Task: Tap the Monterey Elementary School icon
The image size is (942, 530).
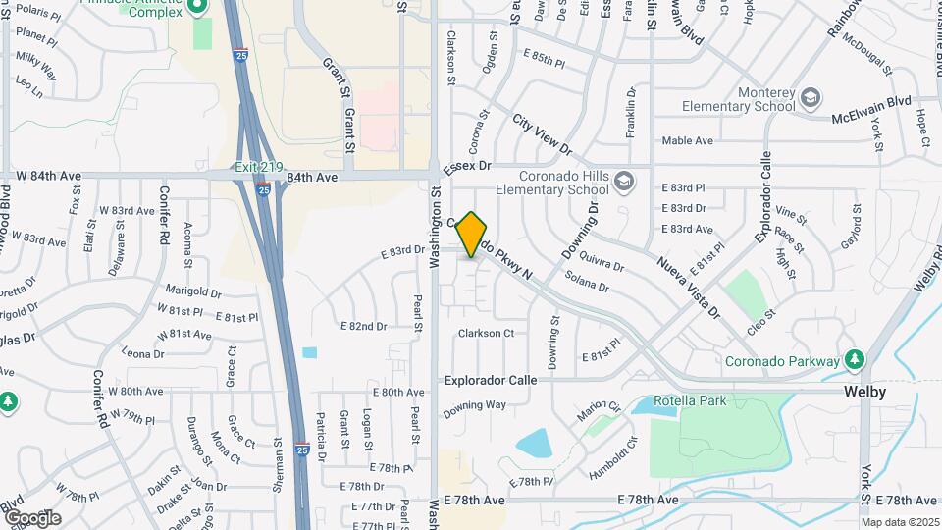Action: (x=811, y=98)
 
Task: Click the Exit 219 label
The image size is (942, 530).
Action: (x=258, y=167)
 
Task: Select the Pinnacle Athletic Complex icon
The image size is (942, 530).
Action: (x=196, y=8)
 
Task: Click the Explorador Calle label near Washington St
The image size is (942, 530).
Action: (x=491, y=380)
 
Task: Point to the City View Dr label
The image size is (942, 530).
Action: (x=542, y=134)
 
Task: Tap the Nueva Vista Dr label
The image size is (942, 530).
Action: (x=689, y=288)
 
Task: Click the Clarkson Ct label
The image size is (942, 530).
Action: (x=486, y=333)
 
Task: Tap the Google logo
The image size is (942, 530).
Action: (x=31, y=518)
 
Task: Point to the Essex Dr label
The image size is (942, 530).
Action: (x=467, y=169)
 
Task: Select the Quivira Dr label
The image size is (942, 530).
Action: (x=602, y=265)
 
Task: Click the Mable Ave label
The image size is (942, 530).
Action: (x=687, y=140)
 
